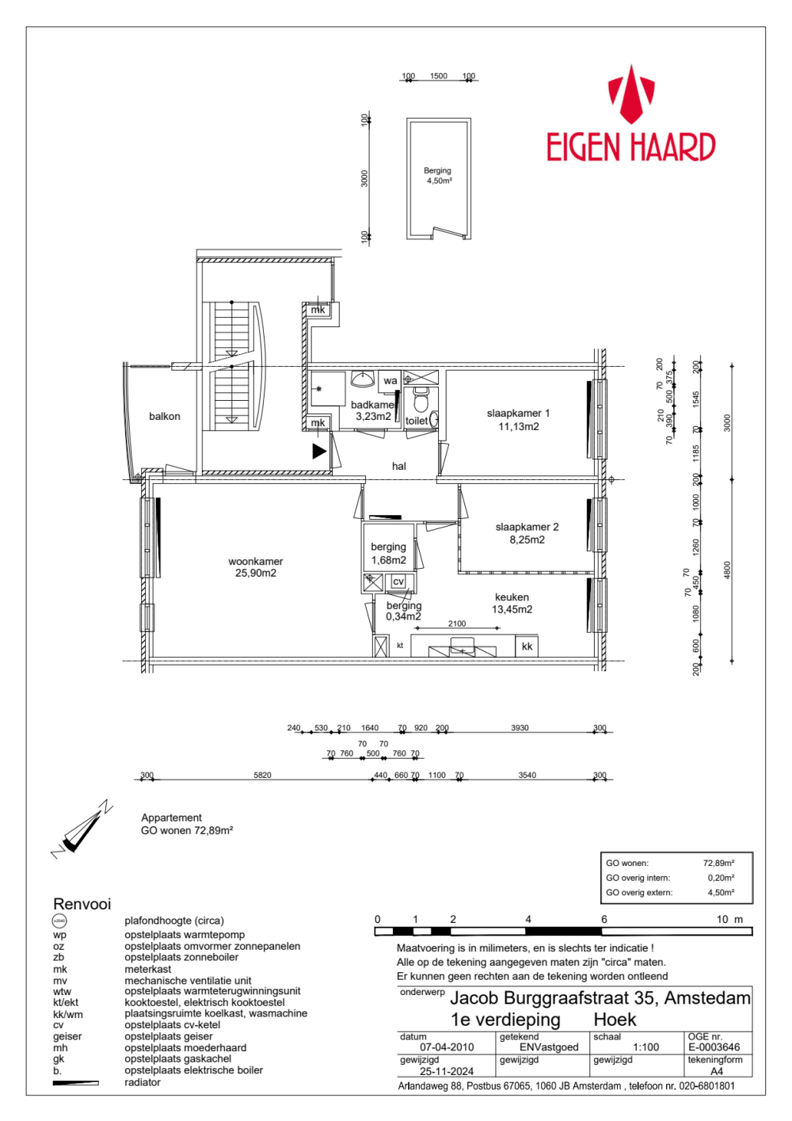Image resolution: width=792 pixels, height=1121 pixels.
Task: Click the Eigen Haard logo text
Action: point(630,147)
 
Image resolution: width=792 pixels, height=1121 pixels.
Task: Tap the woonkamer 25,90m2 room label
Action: point(255,567)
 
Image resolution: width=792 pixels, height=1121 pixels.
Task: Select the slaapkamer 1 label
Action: point(518,420)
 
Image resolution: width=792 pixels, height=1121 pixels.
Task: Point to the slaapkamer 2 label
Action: point(527,533)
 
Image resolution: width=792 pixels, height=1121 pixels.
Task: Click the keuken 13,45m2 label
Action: point(512,603)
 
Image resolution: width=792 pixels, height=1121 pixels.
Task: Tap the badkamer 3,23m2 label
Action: point(373,410)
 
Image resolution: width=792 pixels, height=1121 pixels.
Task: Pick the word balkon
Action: point(165,417)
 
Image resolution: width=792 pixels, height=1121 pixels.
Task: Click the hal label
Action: point(399,467)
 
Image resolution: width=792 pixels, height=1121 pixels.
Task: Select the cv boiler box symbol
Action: point(398,581)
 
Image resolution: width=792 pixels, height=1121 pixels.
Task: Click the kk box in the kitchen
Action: point(527,646)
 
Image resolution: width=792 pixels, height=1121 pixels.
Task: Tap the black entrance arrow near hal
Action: point(319,451)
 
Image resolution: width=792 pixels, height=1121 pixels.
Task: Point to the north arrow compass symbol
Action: point(81,829)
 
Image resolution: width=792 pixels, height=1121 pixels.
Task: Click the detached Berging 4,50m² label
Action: point(438,176)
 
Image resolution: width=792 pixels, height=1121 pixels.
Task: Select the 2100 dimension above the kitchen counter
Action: point(457,623)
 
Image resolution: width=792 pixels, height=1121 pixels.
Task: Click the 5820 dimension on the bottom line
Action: point(262,775)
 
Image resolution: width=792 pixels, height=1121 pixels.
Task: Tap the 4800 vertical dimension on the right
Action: point(727,570)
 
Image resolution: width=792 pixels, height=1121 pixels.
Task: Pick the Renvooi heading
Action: point(82,904)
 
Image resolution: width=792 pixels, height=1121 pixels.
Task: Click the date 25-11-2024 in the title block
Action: point(447,1071)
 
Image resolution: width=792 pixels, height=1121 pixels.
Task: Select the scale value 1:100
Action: point(645,1047)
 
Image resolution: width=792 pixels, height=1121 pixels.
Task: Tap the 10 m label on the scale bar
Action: point(729,920)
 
